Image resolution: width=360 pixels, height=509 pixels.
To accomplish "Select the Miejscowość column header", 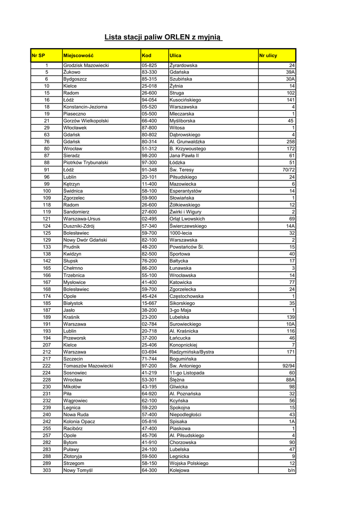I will tap(79, 55).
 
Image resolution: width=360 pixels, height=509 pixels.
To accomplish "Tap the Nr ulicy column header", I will tap(269, 55).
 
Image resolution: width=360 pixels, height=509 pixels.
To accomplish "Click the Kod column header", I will tap(147, 55).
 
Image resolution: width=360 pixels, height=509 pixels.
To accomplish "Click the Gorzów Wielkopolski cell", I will tap(86, 121).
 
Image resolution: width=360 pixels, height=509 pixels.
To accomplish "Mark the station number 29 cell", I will tap(47, 128).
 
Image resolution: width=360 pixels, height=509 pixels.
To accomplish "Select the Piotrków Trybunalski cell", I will tap(87, 163).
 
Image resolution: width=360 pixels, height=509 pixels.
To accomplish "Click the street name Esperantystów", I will tap(185, 191).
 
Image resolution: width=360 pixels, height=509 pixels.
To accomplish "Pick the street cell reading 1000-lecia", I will tap(181, 233).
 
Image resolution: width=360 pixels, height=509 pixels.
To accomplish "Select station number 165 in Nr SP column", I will tap(47, 268).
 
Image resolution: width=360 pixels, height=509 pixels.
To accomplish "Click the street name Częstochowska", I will tap(187, 296).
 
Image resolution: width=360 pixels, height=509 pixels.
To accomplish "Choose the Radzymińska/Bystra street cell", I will tap(192, 352).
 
